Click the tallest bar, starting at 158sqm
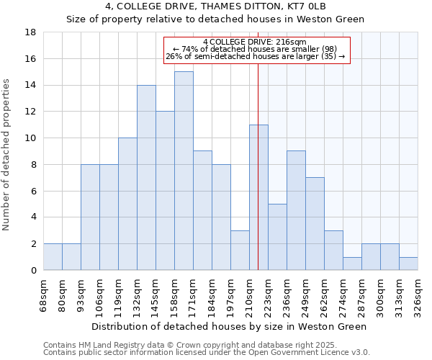coord(184,171)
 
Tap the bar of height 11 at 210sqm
coord(258,197)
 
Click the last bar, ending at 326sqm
coord(408,264)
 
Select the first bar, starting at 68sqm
coord(53,257)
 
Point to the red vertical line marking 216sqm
coord(258,180)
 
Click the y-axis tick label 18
coord(31,32)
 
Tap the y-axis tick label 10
coord(31,138)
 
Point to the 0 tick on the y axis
coord(34,270)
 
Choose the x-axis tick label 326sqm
coord(418,294)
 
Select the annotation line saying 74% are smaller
coord(256,49)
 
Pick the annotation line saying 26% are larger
coord(256,56)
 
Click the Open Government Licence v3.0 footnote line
coord(206,352)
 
